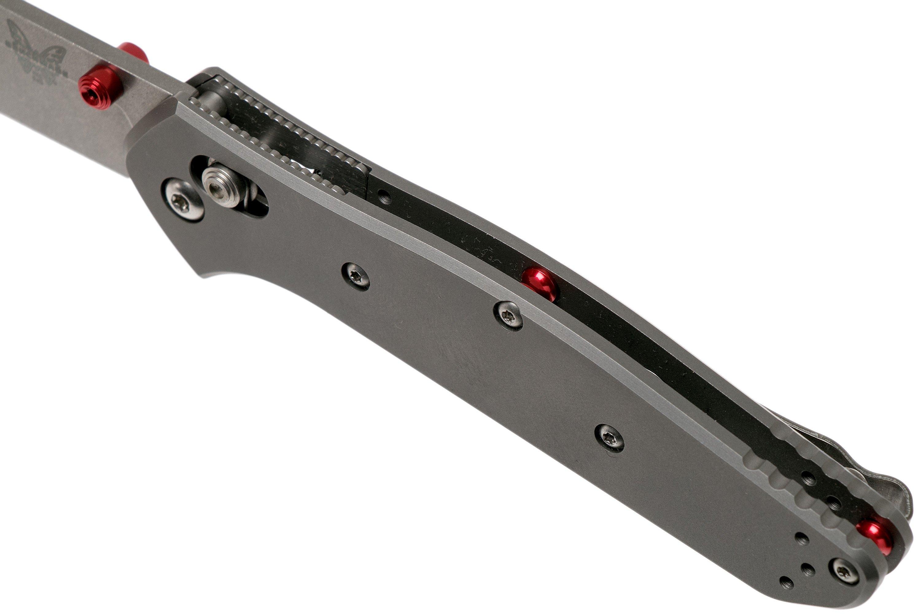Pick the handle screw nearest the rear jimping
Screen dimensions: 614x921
[x=610, y=438]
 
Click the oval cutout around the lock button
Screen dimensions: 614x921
[x=255, y=204]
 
